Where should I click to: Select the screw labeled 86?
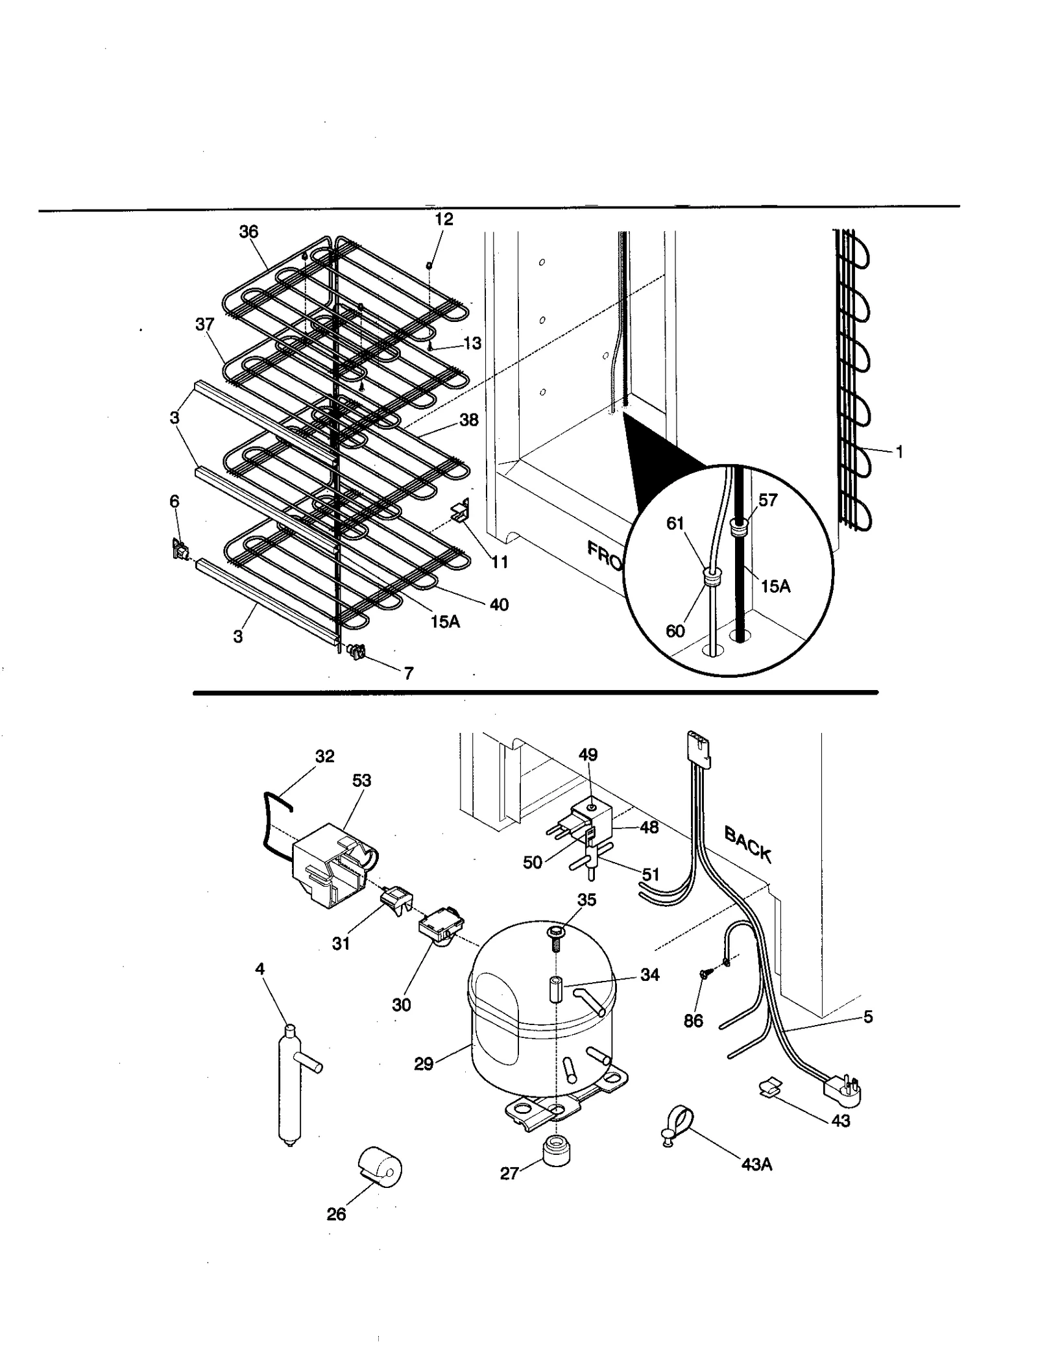tap(705, 974)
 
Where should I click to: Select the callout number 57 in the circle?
tap(767, 500)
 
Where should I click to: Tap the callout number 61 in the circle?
tap(675, 523)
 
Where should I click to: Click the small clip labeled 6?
tap(179, 549)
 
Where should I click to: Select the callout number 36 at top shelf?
tap(248, 232)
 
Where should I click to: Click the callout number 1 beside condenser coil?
tap(899, 452)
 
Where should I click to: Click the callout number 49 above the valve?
tap(588, 754)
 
